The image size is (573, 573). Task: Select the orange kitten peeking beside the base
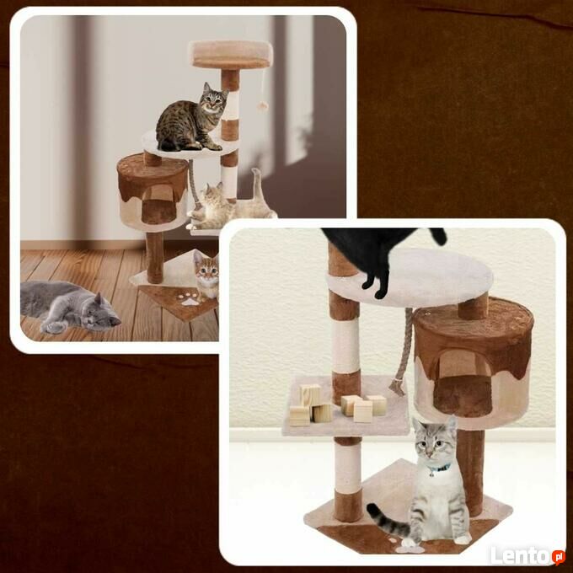(206, 274)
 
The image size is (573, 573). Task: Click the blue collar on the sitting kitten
(440, 469)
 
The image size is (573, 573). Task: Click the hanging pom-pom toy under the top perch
(262, 106)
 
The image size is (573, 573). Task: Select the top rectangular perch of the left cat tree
(232, 54)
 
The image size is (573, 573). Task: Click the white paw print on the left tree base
(190, 298)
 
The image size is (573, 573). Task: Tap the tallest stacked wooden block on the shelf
(311, 395)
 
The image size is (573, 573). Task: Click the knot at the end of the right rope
(397, 387)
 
